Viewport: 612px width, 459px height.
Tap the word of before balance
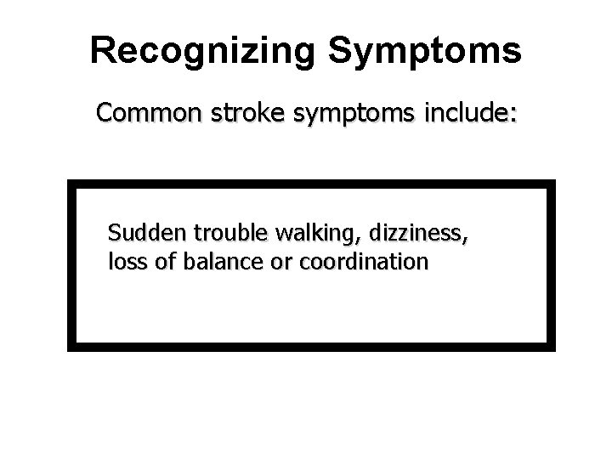164,261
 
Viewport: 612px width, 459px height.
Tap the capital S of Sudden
115,232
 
